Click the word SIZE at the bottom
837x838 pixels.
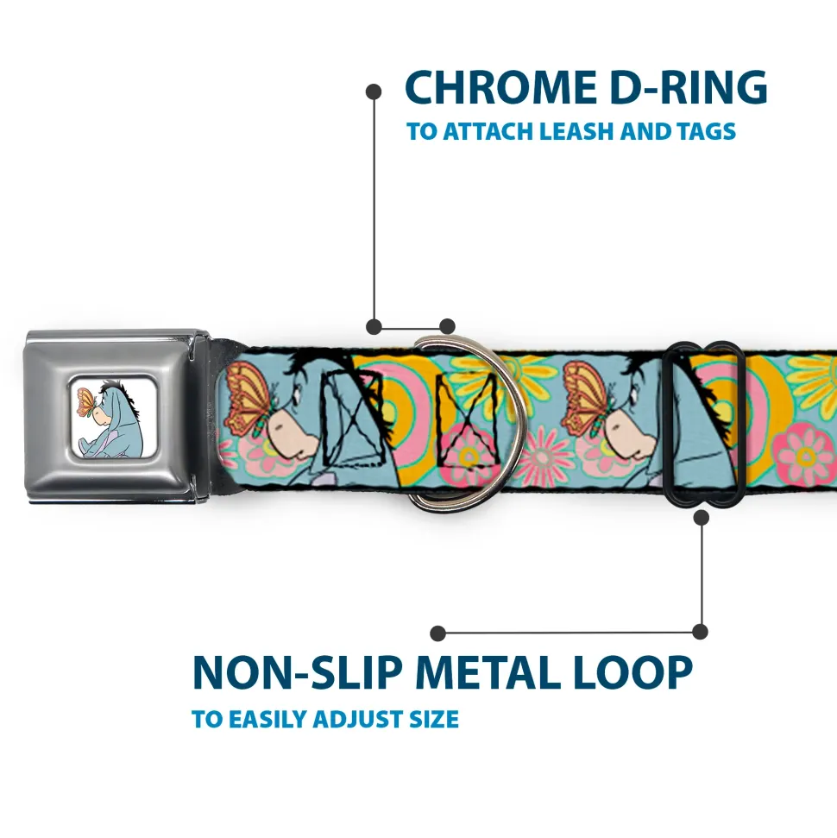pos(430,719)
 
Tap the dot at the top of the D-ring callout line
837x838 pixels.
pos(374,91)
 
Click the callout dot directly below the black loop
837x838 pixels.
pos(701,518)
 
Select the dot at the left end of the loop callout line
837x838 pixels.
pos(438,633)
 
